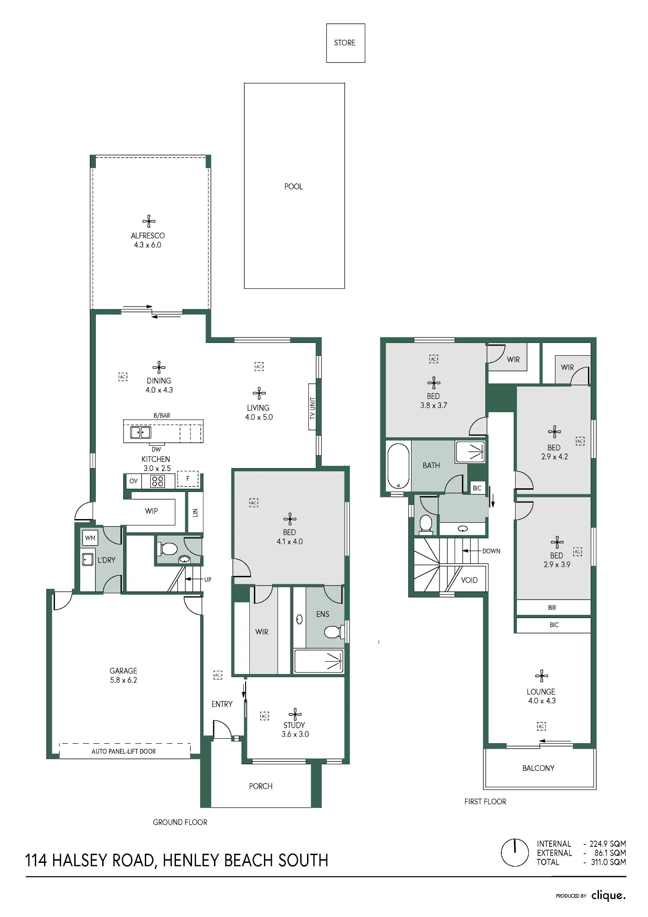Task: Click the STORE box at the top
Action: [346, 43]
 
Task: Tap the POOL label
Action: [294, 187]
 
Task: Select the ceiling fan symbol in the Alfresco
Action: [148, 221]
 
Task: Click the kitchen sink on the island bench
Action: [141, 432]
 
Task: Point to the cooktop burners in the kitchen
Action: [158, 481]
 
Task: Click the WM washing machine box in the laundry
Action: [90, 538]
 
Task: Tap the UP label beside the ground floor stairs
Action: [208, 580]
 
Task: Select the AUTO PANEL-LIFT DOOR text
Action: [124, 751]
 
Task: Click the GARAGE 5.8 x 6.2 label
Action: [123, 675]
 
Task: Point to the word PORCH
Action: [261, 786]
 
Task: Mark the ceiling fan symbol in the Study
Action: [295, 714]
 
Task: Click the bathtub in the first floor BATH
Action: [398, 466]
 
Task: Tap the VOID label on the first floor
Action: [469, 580]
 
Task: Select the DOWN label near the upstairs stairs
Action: [491, 551]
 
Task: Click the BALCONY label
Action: [538, 768]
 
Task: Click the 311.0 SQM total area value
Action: [608, 862]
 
